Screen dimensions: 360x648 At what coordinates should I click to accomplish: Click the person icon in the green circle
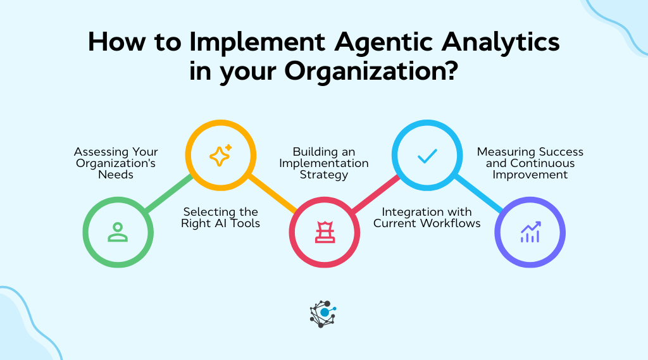pos(118,232)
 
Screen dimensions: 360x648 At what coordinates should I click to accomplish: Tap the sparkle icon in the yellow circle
pos(220,155)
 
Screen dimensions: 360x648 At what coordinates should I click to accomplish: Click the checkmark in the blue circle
pos(427,156)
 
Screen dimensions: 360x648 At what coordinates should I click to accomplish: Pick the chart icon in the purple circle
pos(530,232)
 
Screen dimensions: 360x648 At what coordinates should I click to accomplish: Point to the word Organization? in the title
pos(370,70)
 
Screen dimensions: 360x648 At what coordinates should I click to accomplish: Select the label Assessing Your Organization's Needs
pos(116,163)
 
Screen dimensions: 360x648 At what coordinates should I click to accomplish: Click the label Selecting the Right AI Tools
pos(221,217)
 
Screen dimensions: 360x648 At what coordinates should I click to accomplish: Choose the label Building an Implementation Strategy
pos(323,163)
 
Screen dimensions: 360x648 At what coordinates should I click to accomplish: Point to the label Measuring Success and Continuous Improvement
pos(530,163)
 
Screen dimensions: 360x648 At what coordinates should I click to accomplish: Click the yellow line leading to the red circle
pos(272,194)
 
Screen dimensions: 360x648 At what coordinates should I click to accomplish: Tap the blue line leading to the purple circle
pos(479,194)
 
